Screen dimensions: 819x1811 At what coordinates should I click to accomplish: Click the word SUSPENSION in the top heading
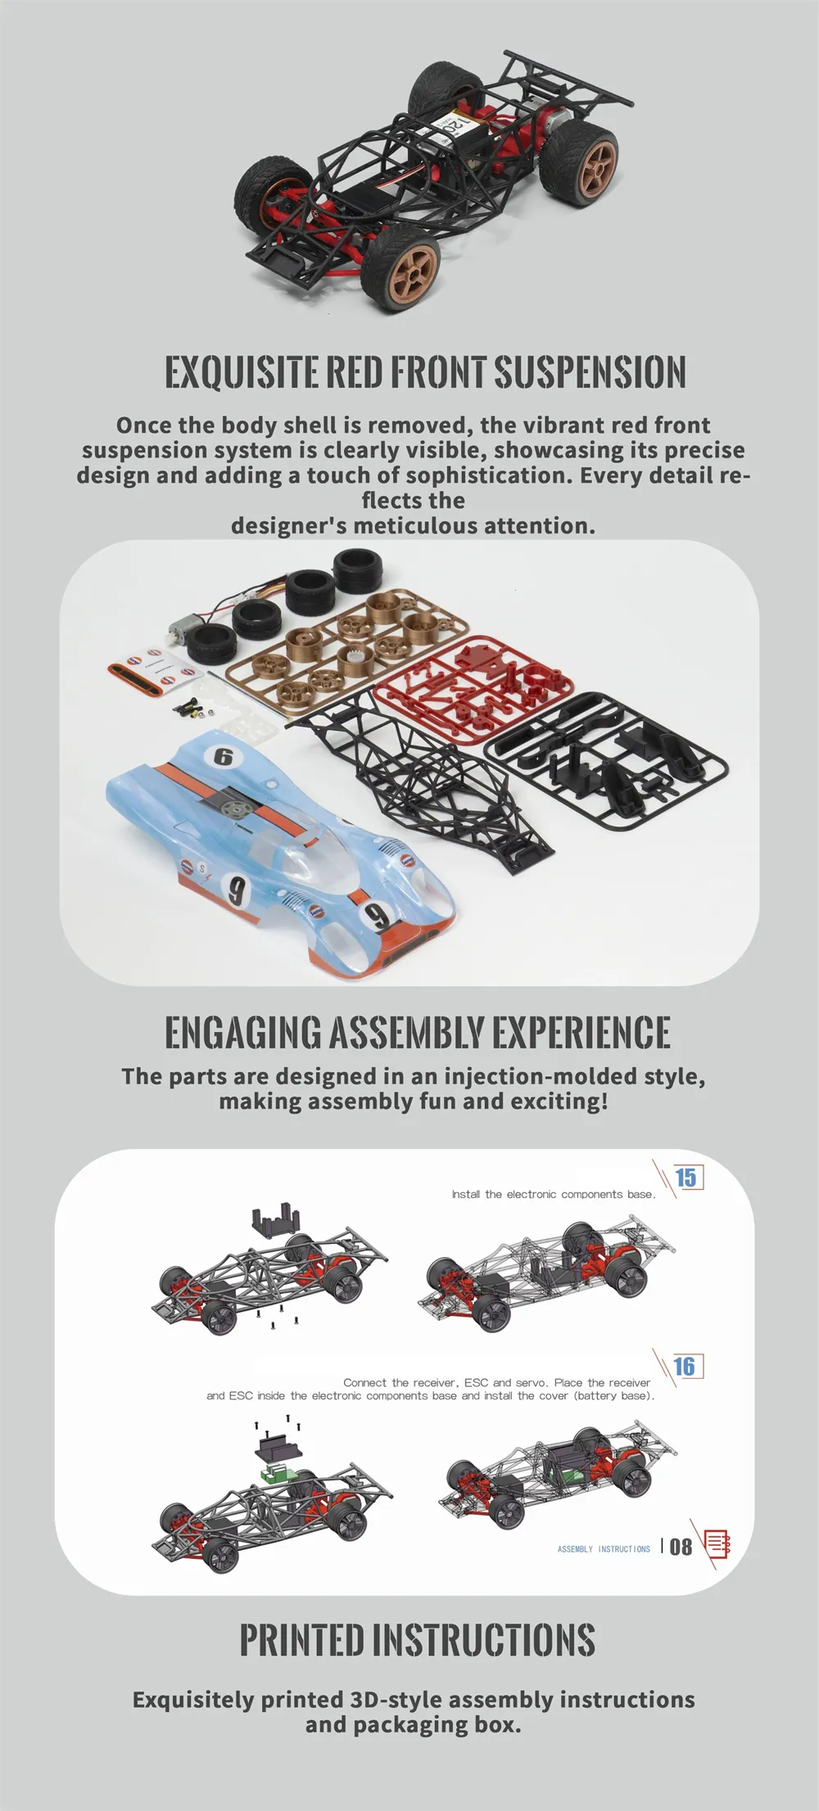coord(590,372)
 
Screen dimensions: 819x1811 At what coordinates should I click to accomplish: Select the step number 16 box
coord(686,1366)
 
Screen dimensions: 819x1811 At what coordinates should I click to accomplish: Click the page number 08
coord(681,1547)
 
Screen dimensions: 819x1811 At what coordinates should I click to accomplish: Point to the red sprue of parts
coord(473,687)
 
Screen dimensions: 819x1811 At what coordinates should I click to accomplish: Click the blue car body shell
coord(278,851)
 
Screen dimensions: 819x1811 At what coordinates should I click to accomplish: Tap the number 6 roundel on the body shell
coord(224,757)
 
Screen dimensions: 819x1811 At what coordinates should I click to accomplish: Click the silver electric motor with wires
coord(182,633)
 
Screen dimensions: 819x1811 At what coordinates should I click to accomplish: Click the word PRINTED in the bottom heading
coord(301,1639)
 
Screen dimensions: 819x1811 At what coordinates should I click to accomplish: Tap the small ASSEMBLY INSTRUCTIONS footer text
coord(604,1549)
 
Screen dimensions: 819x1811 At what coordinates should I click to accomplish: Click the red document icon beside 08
coord(717,1544)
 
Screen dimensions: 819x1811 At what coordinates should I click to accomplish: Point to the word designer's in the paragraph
coord(289,525)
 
